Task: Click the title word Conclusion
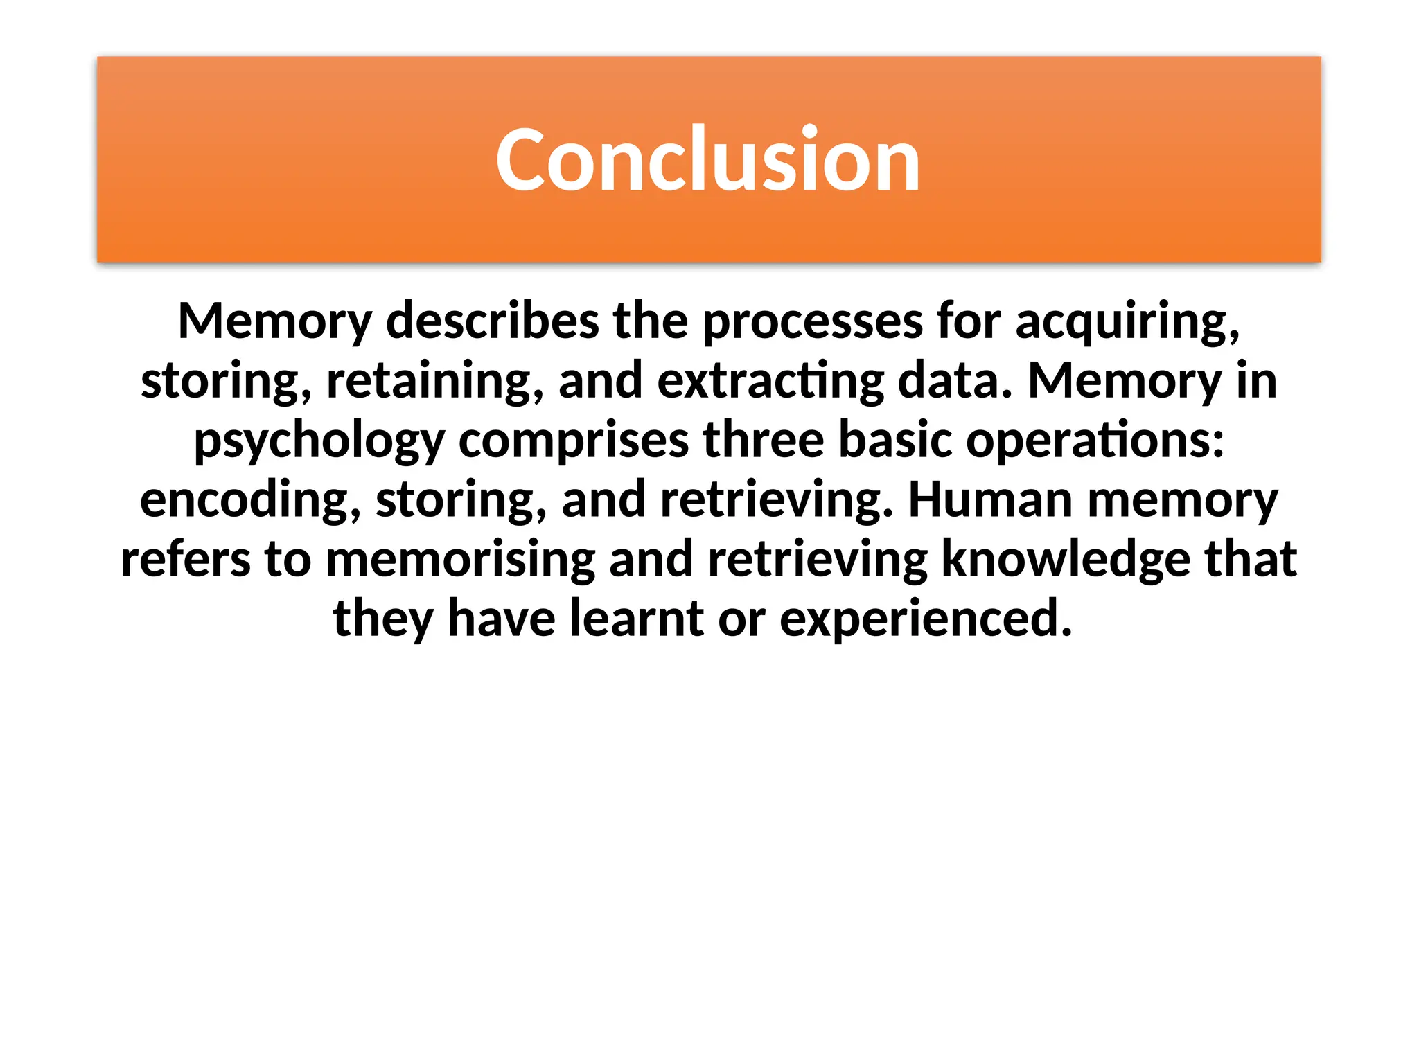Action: click(x=708, y=160)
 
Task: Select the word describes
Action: click(x=492, y=321)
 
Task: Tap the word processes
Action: click(x=812, y=321)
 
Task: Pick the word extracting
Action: click(x=770, y=381)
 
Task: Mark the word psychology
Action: click(x=319, y=441)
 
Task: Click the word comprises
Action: click(x=573, y=441)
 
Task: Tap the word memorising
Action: click(x=460, y=560)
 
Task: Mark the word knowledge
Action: click(x=1066, y=560)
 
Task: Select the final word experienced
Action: click(x=926, y=619)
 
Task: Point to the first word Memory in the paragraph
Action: click(x=275, y=321)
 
